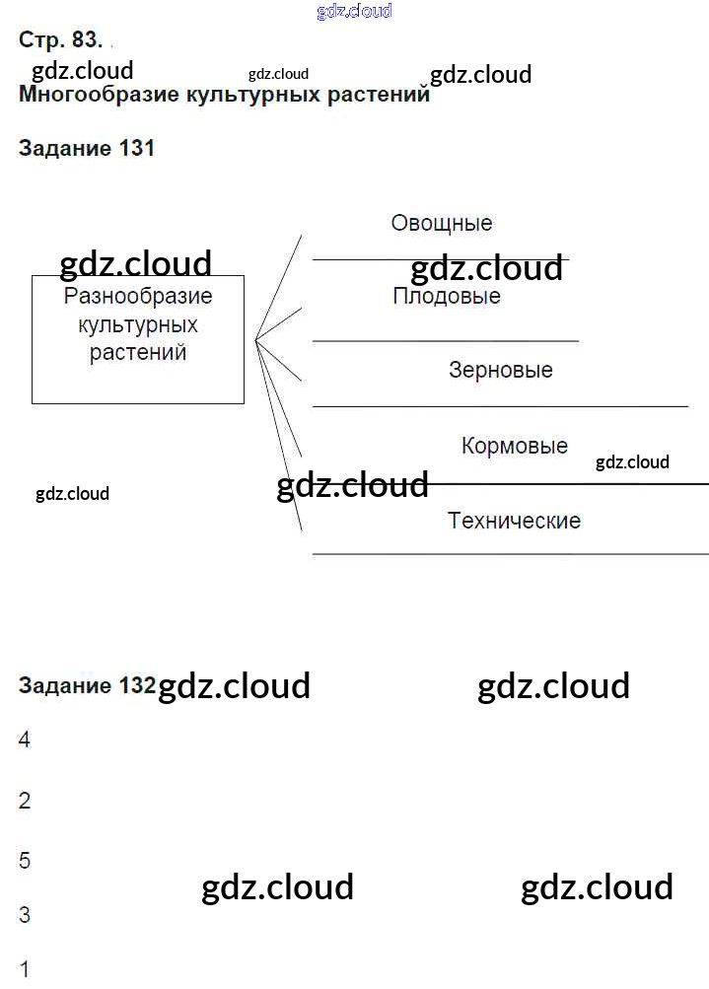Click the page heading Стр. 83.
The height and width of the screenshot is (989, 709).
(59, 40)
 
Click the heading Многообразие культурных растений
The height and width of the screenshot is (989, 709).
(224, 96)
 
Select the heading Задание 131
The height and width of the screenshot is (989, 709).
(87, 149)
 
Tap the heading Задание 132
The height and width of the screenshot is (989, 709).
(87, 685)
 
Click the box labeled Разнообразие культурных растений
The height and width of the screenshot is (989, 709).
(138, 339)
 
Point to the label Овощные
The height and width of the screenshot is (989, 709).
(441, 223)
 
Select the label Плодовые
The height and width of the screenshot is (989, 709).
(446, 296)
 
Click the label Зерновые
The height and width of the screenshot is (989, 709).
(500, 371)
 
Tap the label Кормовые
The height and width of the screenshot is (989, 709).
(514, 446)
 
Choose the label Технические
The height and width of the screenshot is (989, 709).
(514, 520)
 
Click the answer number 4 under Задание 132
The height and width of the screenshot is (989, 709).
(25, 740)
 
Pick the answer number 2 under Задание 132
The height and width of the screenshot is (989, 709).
(25, 801)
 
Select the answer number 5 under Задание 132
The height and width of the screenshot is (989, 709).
(25, 861)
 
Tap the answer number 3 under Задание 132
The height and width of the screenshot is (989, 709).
(25, 915)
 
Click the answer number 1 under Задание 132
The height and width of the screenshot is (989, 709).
(25, 969)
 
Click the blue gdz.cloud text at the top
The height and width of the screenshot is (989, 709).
(354, 11)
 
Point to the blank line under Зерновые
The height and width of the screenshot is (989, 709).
(500, 405)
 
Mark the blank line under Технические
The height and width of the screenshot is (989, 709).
(510, 554)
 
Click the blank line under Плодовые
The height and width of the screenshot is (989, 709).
(446, 341)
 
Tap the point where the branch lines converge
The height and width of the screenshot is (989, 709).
(255, 340)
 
